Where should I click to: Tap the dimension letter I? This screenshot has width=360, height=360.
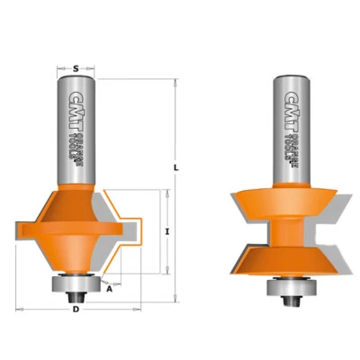tap(168, 231)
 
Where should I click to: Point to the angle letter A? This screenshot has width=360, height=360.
tap(110, 289)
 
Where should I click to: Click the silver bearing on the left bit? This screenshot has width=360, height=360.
tap(75, 280)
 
